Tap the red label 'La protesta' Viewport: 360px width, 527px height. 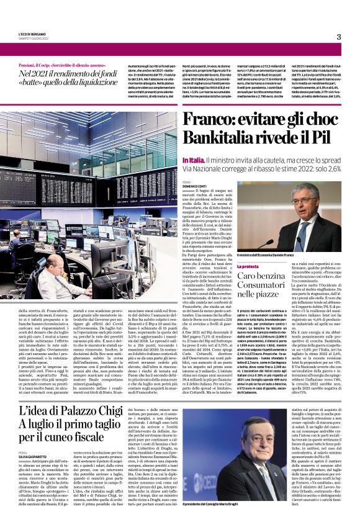click(x=253, y=266)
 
